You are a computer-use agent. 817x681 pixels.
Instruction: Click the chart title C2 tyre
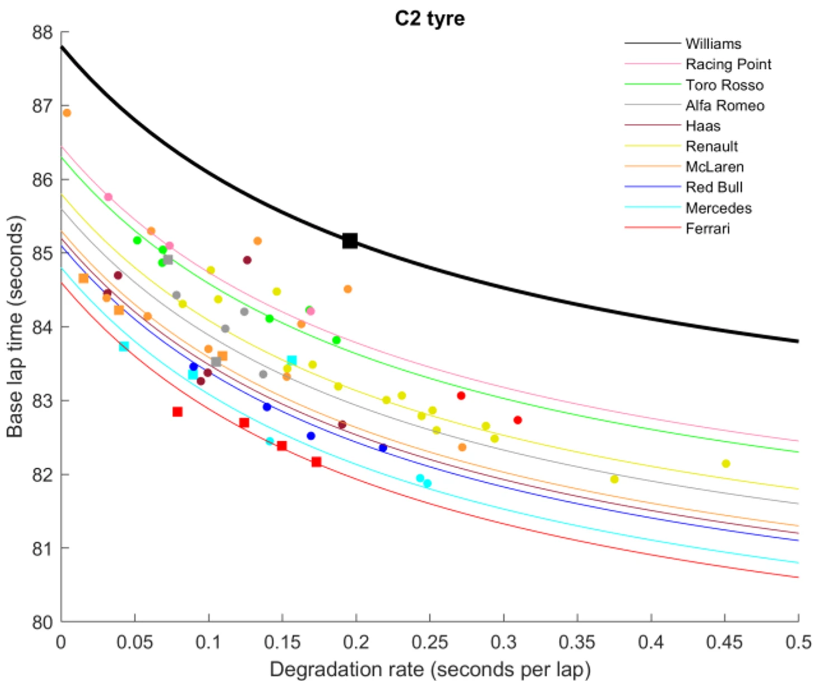point(429,18)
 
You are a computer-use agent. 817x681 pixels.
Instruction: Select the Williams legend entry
point(713,44)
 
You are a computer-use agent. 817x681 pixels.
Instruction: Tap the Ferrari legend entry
point(707,228)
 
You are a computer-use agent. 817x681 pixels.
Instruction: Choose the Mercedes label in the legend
point(719,208)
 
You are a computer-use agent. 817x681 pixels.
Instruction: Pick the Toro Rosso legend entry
point(724,85)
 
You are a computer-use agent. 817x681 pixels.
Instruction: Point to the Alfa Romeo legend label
point(725,106)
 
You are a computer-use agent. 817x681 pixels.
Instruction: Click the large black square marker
point(350,241)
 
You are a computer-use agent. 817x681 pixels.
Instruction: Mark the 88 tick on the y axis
point(42,32)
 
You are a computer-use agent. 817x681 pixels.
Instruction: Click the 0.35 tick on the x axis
point(577,642)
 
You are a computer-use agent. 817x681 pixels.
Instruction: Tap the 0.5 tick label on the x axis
point(798,642)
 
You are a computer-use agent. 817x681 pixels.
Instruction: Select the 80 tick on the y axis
point(42,622)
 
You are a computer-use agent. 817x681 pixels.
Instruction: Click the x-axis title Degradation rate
point(429,669)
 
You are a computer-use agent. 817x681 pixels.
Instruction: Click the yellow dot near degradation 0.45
point(726,464)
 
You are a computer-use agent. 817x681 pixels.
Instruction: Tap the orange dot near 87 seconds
point(67,113)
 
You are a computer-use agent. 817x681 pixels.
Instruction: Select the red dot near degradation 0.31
point(518,420)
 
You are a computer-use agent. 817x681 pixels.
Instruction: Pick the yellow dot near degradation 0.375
point(614,479)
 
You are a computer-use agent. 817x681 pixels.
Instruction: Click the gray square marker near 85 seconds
point(168,260)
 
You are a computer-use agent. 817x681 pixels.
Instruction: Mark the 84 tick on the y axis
point(42,327)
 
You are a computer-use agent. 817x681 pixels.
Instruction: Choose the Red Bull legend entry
point(714,188)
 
